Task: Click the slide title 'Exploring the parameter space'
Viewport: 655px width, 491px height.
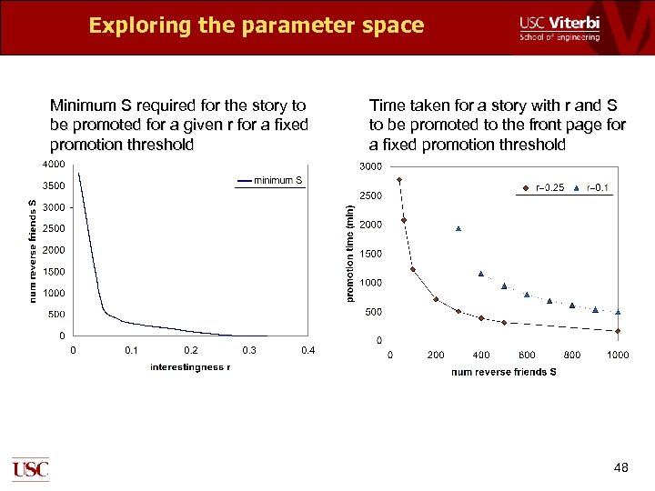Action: click(x=256, y=25)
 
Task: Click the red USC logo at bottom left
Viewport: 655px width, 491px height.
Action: click(x=30, y=469)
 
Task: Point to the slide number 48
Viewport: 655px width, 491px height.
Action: click(x=621, y=467)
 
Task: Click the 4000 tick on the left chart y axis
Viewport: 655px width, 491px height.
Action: click(x=53, y=165)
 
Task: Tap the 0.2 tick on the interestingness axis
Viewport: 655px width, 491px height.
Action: click(x=191, y=350)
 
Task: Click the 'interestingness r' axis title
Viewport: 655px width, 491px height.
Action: click(x=190, y=367)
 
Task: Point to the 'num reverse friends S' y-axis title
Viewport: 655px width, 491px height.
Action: click(x=33, y=250)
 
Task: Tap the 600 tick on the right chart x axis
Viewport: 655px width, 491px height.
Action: click(x=527, y=355)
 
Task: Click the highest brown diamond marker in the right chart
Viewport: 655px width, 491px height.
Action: click(x=398, y=180)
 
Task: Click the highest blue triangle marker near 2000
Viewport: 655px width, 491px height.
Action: click(x=458, y=228)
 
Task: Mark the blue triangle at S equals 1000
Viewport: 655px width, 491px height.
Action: click(x=618, y=312)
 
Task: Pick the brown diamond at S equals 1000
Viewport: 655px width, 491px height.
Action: click(x=618, y=331)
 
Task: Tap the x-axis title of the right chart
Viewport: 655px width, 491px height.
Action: click(x=503, y=371)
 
